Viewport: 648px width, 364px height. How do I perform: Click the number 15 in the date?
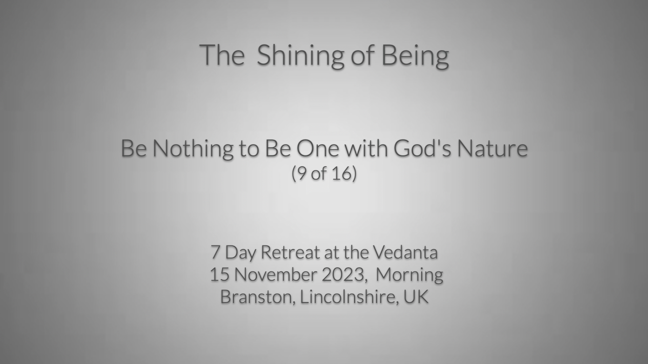pos(219,275)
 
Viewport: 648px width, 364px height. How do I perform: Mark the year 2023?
pos(342,275)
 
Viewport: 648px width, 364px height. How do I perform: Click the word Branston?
pos(256,297)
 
